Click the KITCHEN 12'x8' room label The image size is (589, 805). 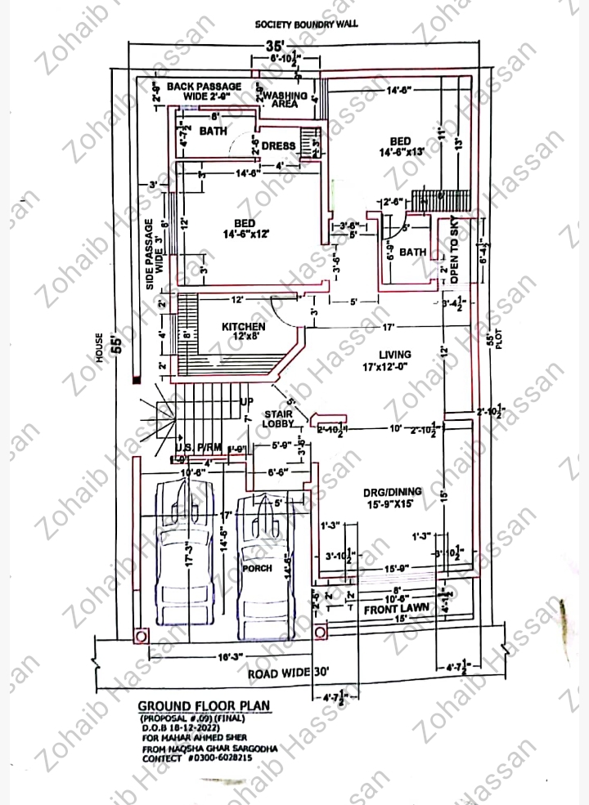click(x=243, y=332)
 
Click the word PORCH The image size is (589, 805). click(x=257, y=568)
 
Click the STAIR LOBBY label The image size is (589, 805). click(x=278, y=418)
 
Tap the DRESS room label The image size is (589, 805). click(x=278, y=146)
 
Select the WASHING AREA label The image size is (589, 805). click(x=285, y=100)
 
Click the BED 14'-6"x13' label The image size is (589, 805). click(x=400, y=146)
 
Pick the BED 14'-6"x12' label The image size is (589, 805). click(x=245, y=228)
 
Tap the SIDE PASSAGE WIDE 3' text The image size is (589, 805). click(x=155, y=245)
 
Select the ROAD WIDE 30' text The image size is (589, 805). click(x=289, y=673)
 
